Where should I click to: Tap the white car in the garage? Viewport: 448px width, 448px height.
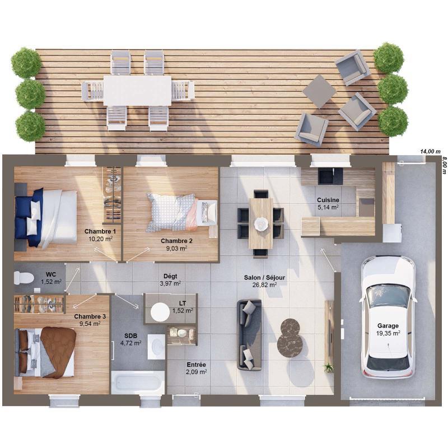coord(388,316)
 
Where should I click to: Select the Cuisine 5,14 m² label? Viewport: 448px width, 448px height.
coord(328,203)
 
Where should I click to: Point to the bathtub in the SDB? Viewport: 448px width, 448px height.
coord(138,383)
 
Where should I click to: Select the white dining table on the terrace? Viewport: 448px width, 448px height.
coord(137,90)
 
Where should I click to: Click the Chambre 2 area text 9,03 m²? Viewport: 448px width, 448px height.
coord(176,248)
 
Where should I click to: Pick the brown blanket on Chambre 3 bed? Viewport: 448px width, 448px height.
coord(58,351)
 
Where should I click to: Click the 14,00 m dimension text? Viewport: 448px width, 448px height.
coord(430,151)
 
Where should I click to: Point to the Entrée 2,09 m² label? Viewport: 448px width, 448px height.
coord(196,368)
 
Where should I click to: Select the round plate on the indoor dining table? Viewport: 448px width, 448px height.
coord(261,223)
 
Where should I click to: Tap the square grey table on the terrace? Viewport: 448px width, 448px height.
coord(319,91)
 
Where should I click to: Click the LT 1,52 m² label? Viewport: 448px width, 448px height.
coord(183,307)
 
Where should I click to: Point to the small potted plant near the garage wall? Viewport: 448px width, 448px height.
coord(329,367)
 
